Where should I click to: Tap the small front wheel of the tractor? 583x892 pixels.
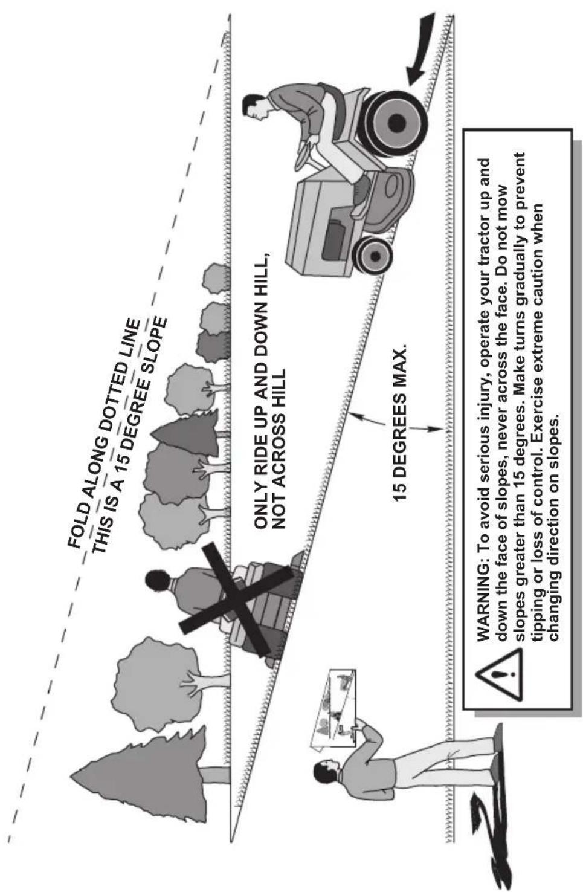(374, 256)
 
